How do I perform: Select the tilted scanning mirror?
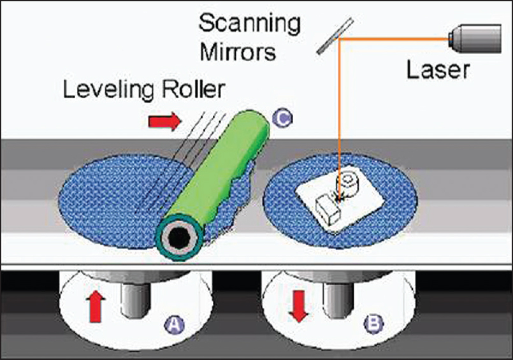coord(336,36)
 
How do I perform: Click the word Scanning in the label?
coord(249,24)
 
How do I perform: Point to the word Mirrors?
coord(238,51)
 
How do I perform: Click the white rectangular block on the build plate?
coord(329,211)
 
